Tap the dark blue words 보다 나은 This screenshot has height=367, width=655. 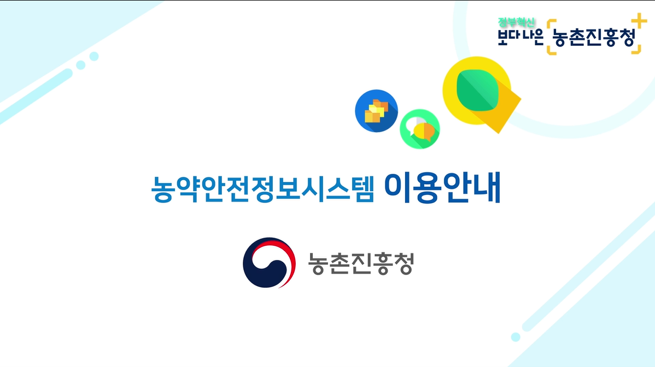click(x=520, y=37)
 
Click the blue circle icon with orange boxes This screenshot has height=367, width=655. click(x=376, y=111)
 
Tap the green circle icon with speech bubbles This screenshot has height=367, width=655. click(x=419, y=129)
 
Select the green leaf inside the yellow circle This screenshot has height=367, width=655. click(x=476, y=90)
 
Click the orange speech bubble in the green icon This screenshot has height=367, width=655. click(x=425, y=131)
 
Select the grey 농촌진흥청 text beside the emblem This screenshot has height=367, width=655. click(x=360, y=263)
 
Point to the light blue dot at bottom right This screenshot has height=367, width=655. click(x=515, y=337)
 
